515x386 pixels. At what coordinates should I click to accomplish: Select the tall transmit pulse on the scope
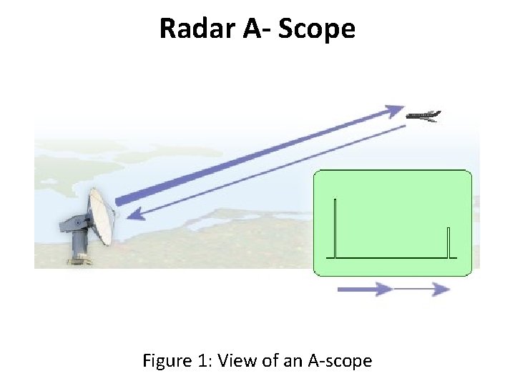(x=335, y=227)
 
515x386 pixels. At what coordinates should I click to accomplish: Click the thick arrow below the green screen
(x=365, y=289)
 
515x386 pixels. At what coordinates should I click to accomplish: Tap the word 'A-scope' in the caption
(x=340, y=360)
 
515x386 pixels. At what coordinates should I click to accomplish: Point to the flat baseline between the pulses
(x=392, y=257)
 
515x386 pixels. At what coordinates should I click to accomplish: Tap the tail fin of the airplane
(x=436, y=113)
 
